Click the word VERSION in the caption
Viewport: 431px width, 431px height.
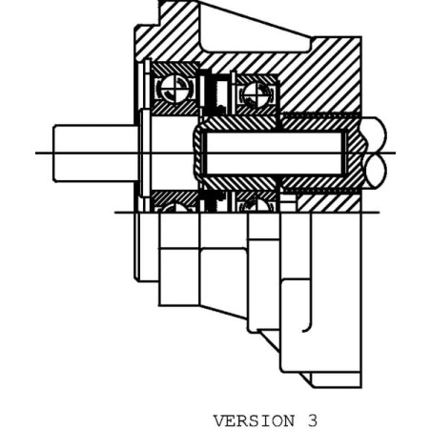point(254,421)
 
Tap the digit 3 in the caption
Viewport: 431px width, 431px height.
point(313,421)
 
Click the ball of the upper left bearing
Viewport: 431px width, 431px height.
point(174,88)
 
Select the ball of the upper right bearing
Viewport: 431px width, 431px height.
point(257,94)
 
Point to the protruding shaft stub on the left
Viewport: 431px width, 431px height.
point(95,154)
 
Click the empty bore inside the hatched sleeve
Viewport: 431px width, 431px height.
point(275,154)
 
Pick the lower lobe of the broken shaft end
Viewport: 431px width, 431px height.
point(376,171)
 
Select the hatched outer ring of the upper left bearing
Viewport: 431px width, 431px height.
point(174,68)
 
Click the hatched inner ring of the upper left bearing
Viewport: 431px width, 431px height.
point(174,109)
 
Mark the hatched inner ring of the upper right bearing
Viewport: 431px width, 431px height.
point(257,111)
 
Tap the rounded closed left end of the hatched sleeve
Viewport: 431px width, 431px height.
point(198,154)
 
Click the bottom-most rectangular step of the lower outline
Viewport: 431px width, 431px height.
point(337,380)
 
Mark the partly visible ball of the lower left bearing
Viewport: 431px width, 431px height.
point(174,208)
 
